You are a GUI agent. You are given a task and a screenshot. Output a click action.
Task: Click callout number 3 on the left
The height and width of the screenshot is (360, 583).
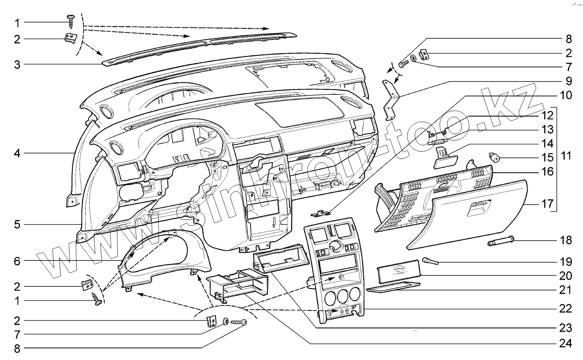click(17, 65)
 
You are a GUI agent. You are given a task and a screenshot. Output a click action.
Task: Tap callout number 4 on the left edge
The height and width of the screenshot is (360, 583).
click(17, 154)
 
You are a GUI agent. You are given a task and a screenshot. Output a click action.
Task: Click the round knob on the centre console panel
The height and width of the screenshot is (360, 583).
click(333, 249)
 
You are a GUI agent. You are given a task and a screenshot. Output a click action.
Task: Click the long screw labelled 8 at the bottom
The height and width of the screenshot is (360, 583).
click(238, 322)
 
